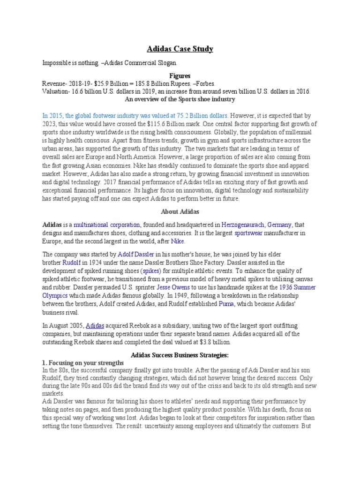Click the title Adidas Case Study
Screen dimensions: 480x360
(x=180, y=49)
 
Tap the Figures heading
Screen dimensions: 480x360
(x=180, y=75)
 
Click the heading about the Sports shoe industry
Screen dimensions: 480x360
(x=180, y=99)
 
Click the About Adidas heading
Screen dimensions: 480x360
(x=180, y=211)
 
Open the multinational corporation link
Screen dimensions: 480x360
(x=107, y=225)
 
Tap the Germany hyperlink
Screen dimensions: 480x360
(x=279, y=225)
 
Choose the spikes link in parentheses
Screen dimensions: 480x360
(x=151, y=271)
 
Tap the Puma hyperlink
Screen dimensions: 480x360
(x=226, y=304)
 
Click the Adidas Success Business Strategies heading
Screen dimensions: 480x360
(x=180, y=355)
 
